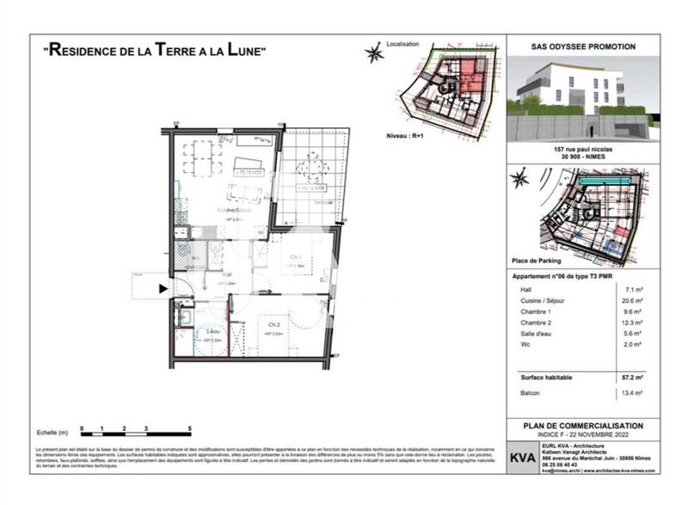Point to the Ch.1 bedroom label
coord(294,256)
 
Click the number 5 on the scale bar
coord(188,428)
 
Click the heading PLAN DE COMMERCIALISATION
coord(583,426)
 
